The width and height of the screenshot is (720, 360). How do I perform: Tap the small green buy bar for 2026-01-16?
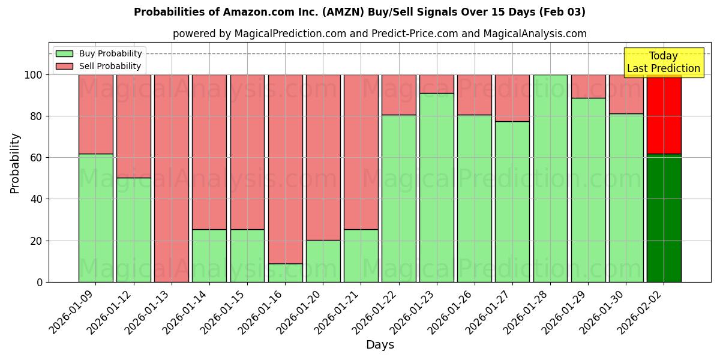pos(285,273)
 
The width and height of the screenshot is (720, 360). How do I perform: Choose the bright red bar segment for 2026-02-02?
pos(664,114)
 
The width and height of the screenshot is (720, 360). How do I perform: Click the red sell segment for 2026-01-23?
pos(437,84)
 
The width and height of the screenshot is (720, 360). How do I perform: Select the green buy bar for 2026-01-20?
pos(323,261)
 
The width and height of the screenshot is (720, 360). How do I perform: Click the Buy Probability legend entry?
pos(98,53)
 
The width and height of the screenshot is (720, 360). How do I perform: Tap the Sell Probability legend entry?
pos(98,66)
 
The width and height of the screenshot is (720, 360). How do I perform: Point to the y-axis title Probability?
pos(15,163)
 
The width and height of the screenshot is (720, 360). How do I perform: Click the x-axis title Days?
pos(380,345)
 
